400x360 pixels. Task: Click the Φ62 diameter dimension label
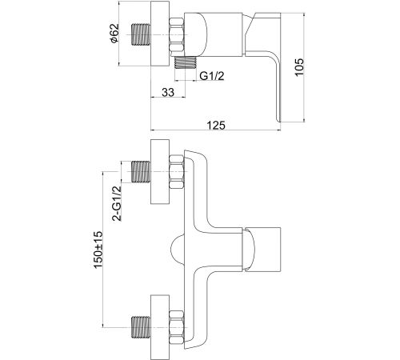(x=114, y=33)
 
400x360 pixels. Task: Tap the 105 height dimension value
(x=299, y=67)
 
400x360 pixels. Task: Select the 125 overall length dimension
(x=216, y=125)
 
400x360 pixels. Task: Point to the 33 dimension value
(x=168, y=92)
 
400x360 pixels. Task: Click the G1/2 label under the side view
(x=212, y=76)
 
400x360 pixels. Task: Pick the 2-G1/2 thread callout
(x=117, y=203)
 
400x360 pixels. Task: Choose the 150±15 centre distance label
(x=98, y=250)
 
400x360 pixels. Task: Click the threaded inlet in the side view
(x=141, y=34)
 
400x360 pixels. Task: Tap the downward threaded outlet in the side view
(x=186, y=62)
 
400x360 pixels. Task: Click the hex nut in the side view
(x=177, y=34)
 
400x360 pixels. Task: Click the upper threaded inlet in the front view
(x=141, y=171)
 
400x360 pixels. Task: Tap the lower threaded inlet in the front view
(x=141, y=327)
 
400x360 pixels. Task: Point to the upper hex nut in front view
(x=177, y=171)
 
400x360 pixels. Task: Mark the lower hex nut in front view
(x=177, y=327)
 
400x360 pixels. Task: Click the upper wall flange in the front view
(x=160, y=171)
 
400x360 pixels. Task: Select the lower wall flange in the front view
(x=160, y=327)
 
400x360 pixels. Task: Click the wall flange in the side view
(x=160, y=34)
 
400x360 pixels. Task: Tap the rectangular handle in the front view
(x=262, y=250)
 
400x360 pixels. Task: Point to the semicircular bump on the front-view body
(x=177, y=250)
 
